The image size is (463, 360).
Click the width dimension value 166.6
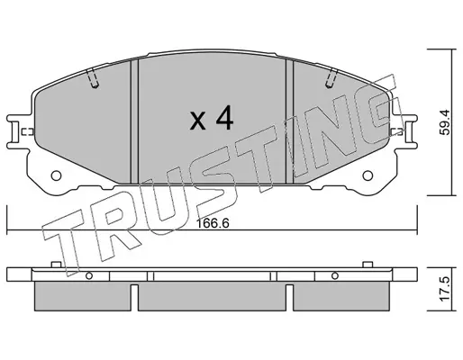click(213, 223)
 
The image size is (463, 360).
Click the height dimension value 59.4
click(444, 122)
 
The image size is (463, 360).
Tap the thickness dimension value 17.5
click(444, 289)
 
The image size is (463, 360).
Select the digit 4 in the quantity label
click(224, 118)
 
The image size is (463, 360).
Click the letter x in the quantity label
click(198, 121)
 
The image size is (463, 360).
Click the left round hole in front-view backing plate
click(56, 175)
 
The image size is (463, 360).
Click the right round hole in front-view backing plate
click(368, 175)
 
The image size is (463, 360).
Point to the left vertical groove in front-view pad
click(134, 121)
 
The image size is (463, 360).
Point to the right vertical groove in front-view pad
click(289, 121)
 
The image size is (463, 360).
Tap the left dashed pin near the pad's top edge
click(93, 78)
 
